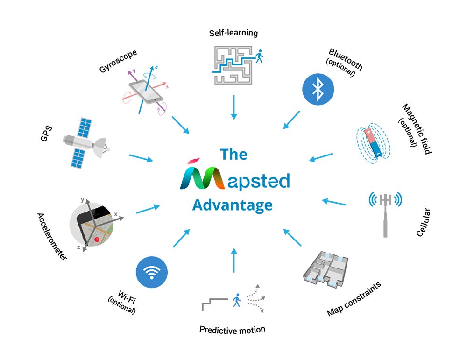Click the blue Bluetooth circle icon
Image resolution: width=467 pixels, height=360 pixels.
318,89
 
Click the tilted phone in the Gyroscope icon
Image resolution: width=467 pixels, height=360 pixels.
146,92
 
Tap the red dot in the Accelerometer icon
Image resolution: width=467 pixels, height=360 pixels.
97,240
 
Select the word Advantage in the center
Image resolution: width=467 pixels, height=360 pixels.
233,205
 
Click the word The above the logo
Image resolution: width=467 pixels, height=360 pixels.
233,154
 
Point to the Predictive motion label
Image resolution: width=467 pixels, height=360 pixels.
232,330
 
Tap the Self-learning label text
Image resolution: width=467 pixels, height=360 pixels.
233,33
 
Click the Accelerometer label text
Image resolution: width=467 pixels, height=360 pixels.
52,236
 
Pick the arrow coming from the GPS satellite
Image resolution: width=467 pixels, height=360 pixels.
141,158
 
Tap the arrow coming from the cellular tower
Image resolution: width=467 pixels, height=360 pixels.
334,202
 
